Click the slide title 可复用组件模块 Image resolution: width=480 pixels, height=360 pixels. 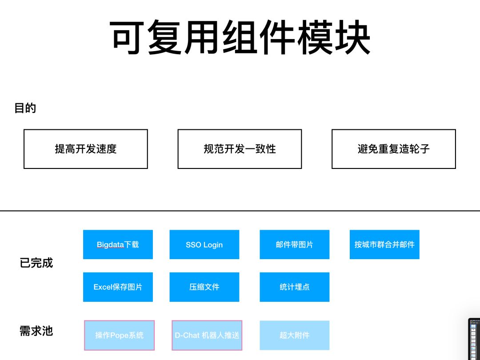[240, 37]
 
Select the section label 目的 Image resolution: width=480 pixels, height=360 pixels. [25, 108]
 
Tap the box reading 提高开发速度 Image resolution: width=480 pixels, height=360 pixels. [85, 149]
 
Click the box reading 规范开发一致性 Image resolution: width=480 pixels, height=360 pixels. [240, 149]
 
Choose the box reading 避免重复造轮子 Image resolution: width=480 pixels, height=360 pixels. [393, 149]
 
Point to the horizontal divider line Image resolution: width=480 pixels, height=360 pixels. [240, 211]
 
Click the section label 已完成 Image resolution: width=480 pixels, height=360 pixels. [36, 263]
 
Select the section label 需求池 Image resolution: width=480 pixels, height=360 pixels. [36, 331]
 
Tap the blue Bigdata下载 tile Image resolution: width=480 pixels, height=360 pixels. [118, 244]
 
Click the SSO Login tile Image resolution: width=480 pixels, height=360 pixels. [204, 244]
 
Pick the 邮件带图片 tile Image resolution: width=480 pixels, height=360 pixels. [294, 244]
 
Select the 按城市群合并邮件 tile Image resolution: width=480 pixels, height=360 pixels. [384, 244]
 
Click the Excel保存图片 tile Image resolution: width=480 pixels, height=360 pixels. [118, 287]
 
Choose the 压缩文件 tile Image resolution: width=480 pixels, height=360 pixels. [204, 287]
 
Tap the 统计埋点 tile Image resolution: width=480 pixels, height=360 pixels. [294, 287]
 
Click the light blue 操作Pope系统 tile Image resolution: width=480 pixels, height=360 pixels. [119, 335]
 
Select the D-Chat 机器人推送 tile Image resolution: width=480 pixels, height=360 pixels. [207, 335]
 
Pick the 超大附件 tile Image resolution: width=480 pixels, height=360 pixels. [294, 335]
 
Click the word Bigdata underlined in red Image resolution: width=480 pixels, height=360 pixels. [110, 245]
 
